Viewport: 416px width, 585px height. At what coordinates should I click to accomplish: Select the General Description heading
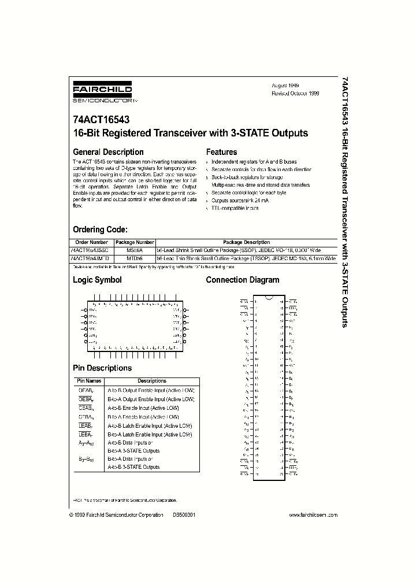coord(108,152)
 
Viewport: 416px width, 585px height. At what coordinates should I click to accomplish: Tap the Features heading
coord(221,152)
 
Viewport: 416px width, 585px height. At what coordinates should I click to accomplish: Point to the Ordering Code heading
coord(104,229)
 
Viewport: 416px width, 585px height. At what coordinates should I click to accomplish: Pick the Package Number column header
coord(135,242)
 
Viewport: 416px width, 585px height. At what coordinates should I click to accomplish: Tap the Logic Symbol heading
coord(97,280)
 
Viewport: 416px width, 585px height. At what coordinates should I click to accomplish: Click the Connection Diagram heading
coord(243,280)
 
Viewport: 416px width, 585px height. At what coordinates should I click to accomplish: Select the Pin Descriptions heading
coord(102,368)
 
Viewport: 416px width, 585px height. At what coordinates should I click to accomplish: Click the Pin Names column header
coord(89,381)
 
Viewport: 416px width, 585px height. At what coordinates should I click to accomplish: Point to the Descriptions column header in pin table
coord(152,381)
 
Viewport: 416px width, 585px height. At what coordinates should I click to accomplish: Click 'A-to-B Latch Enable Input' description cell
coord(150,425)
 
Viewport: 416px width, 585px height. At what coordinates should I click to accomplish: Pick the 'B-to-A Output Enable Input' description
coord(151,399)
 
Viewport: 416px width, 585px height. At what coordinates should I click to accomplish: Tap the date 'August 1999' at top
coord(285,85)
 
